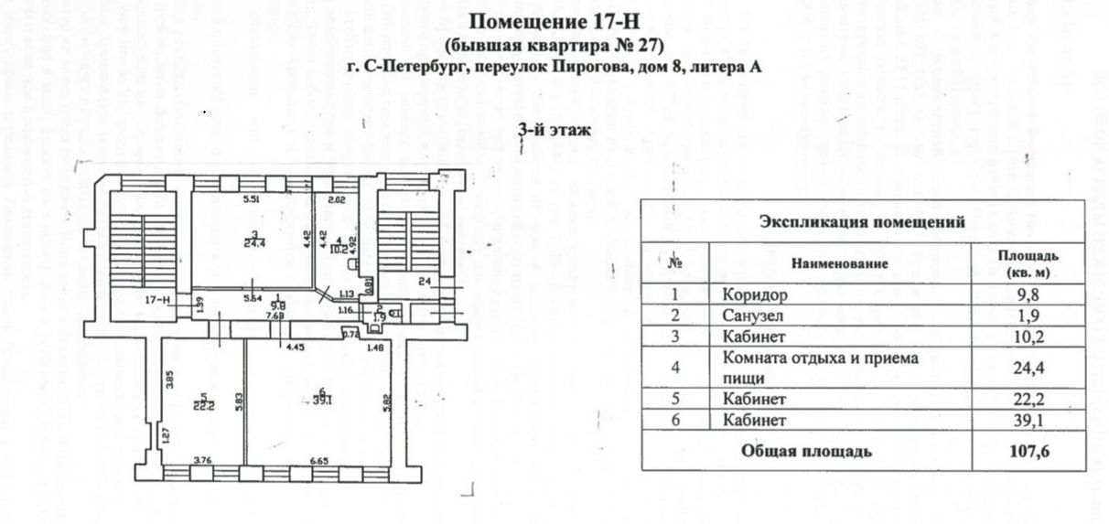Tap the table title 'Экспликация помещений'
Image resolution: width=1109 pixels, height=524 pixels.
click(x=863, y=221)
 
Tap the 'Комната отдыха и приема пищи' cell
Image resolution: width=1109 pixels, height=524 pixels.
click(x=820, y=367)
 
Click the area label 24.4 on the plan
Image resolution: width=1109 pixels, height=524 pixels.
click(x=253, y=242)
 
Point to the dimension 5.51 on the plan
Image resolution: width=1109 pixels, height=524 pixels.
click(x=253, y=199)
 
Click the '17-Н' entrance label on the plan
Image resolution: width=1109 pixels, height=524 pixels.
click(x=158, y=300)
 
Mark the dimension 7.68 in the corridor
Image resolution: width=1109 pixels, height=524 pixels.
click(x=275, y=316)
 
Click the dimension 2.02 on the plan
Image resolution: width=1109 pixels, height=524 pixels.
click(x=337, y=199)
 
